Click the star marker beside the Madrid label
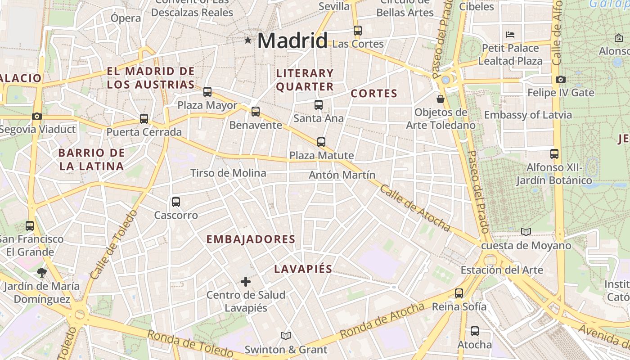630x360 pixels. [247, 40]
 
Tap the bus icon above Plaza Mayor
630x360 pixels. [207, 92]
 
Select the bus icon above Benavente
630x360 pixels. [256, 112]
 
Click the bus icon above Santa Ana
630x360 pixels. [319, 105]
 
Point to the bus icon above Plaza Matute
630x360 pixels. [321, 142]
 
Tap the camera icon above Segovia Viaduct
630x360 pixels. [37, 117]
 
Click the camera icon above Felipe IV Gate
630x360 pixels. [561, 80]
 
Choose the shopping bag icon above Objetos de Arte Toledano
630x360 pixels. [441, 99]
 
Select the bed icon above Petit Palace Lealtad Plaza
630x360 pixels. [510, 35]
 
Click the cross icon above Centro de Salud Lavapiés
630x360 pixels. [246, 282]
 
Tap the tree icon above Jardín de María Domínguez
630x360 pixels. [42, 272]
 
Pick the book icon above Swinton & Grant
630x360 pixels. [286, 336]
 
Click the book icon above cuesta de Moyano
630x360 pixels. [526, 232]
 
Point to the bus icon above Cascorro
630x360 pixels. [176, 202]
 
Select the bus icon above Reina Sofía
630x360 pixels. [459, 293]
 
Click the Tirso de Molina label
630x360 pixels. [228, 173]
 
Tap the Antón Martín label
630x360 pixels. [342, 175]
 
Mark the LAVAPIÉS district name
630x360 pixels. [303, 269]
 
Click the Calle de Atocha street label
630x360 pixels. [414, 207]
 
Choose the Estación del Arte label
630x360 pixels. [502, 270]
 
